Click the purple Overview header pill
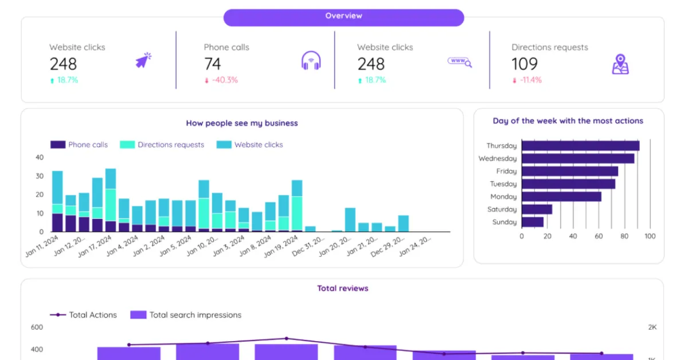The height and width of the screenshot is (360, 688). tap(343, 17)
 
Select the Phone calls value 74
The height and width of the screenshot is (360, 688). tap(213, 64)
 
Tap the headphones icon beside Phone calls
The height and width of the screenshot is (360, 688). tap(311, 61)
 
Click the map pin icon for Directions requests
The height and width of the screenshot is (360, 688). tap(620, 64)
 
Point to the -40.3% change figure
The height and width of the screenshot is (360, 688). tap(221, 80)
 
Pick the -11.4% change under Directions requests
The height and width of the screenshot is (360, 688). tap(527, 80)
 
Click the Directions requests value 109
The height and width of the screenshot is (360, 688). tap(525, 64)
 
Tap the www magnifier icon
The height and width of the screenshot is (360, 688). tap(459, 62)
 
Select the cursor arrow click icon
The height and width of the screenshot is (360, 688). tap(143, 60)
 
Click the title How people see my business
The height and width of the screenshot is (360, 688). tap(242, 123)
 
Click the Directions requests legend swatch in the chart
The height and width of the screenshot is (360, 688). tap(127, 145)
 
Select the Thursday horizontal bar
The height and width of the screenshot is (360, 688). tap(580, 146)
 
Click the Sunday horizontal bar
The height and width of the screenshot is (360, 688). tap(532, 222)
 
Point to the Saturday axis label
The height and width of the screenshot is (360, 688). tap(502, 209)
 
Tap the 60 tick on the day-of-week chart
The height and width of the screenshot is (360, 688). tap(599, 236)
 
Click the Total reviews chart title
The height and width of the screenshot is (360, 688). tap(343, 288)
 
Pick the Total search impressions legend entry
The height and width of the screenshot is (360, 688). tap(186, 315)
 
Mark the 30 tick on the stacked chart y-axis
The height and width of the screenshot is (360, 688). tap(40, 176)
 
